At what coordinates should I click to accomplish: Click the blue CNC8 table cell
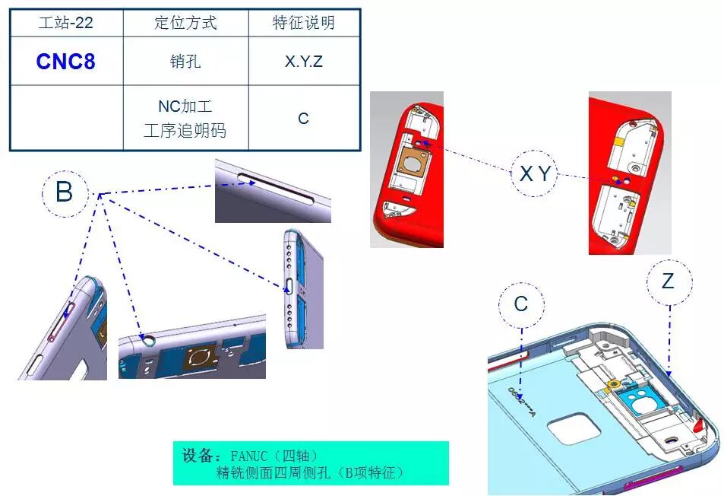coord(65,62)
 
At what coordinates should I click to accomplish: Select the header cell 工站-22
coord(65,23)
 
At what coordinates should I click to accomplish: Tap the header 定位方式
coord(185,23)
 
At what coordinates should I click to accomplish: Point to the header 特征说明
coord(304,23)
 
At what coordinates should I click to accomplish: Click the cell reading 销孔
coord(185,61)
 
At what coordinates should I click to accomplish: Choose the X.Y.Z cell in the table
coord(304,62)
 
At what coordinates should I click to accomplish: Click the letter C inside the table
coord(303,119)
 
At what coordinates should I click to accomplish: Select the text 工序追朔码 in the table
coord(185,130)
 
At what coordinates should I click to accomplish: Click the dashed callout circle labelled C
coord(521,282)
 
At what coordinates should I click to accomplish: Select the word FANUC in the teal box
coord(249,456)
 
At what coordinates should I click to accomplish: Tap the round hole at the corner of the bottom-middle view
coord(149,340)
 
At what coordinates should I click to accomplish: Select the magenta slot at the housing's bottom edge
coord(652,478)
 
